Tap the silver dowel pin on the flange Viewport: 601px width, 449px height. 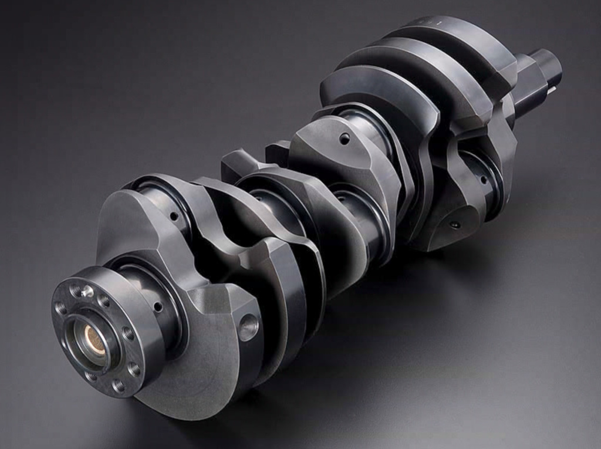(x=87, y=291)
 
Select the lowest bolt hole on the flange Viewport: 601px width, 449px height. (x=118, y=385)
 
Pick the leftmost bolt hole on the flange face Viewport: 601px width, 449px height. (x=60, y=308)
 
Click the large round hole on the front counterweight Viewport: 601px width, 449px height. (x=249, y=327)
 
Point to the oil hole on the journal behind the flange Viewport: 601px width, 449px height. (x=158, y=306)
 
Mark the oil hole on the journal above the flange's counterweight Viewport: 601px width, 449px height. (x=174, y=216)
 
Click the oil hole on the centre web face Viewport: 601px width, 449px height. (x=345, y=139)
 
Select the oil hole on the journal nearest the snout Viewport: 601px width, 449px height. (x=482, y=180)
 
